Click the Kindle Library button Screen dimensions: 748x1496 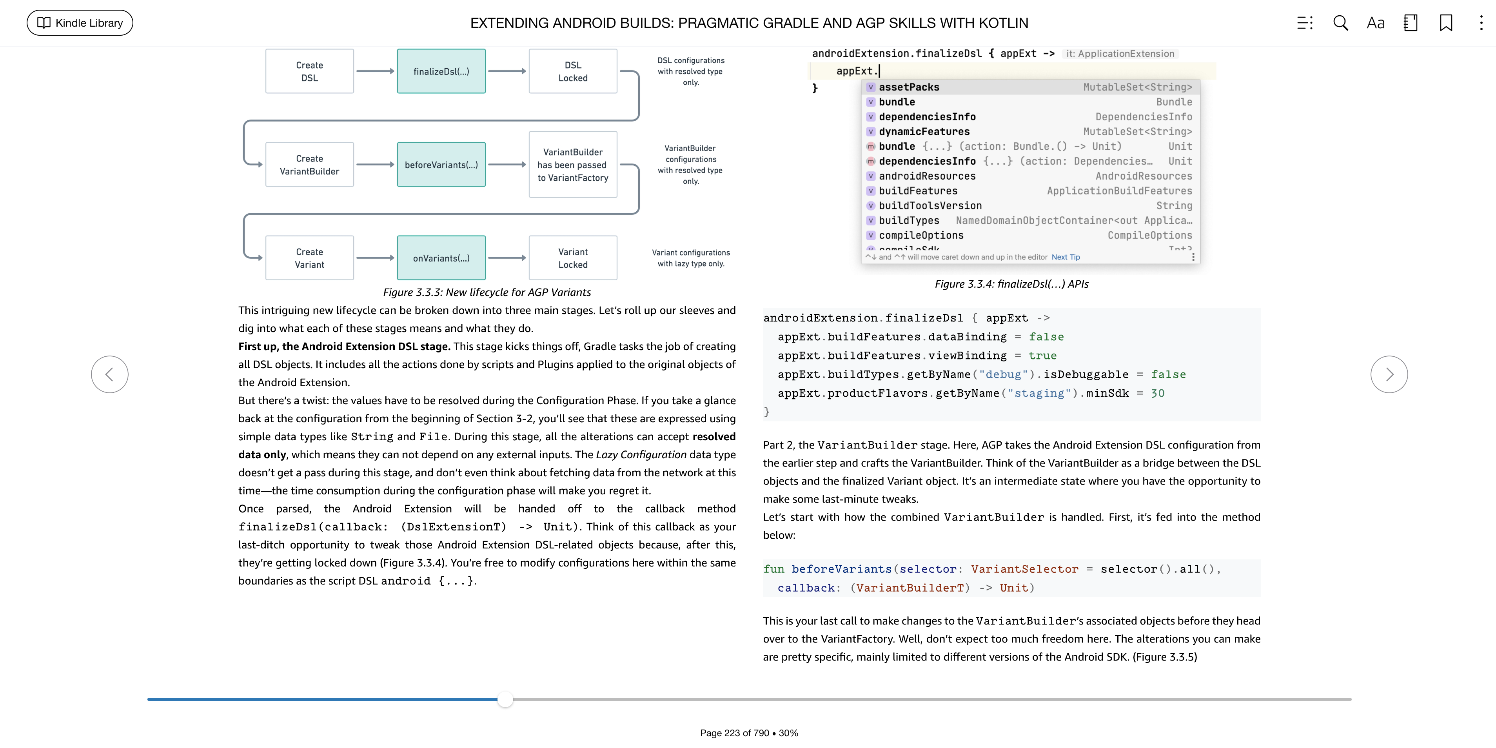(80, 23)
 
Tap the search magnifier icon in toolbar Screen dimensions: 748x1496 (1340, 23)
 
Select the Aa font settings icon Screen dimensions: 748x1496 (1375, 23)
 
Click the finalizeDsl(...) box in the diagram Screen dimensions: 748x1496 (441, 71)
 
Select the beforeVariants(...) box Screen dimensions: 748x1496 (441, 165)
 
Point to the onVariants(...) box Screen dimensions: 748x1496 (441, 258)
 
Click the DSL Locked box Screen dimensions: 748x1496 (573, 71)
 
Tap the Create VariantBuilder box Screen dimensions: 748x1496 (310, 165)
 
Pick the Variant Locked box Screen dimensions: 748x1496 (573, 258)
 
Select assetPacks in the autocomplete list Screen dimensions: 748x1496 (909, 87)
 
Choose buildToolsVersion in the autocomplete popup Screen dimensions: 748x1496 (930, 205)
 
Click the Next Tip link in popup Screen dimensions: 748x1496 (1065, 257)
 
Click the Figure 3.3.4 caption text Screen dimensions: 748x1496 (1011, 284)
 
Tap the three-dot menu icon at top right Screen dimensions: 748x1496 (1480, 23)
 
